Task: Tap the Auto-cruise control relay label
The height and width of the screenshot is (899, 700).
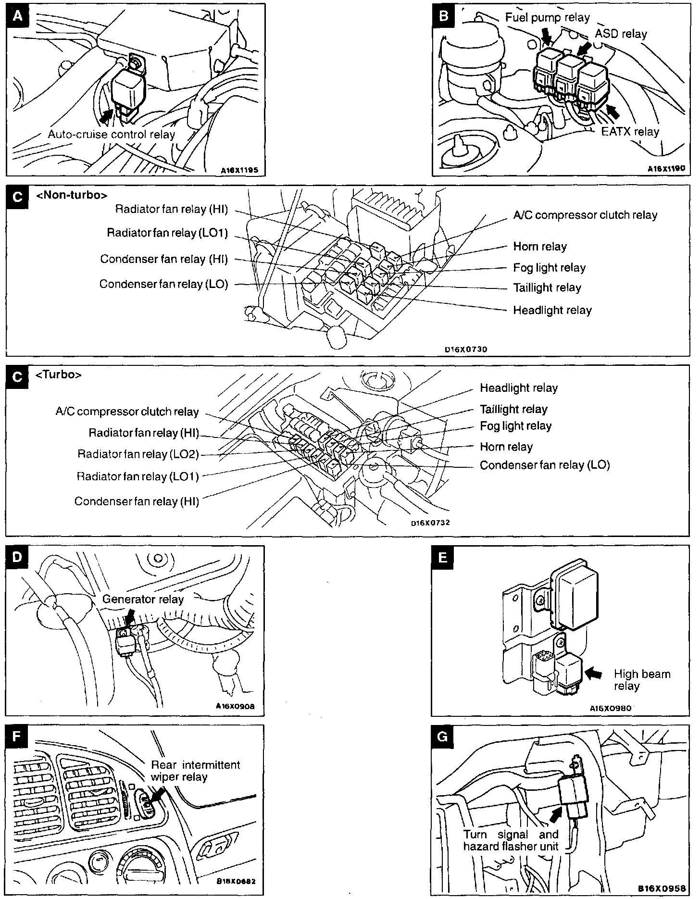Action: tap(112, 135)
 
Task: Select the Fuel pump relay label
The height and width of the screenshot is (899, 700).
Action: tap(547, 18)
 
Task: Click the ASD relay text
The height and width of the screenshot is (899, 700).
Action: tap(621, 34)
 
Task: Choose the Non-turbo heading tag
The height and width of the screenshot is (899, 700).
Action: tap(72, 195)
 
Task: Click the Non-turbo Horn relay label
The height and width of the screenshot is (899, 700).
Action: tap(540, 247)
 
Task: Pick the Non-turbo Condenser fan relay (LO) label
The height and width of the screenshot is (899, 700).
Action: tap(163, 284)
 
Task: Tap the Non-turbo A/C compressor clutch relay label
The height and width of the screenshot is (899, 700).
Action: tap(585, 215)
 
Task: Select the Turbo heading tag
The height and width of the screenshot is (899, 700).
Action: tap(59, 375)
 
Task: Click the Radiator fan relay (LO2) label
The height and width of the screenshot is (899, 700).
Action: tap(138, 454)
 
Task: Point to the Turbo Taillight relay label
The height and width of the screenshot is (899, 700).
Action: tap(513, 409)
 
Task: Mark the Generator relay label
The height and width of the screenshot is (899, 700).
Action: tap(143, 599)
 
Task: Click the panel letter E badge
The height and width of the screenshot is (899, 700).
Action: tap(443, 557)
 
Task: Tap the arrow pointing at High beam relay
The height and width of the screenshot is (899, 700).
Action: tap(594, 674)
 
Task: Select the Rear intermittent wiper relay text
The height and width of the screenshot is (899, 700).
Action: tap(195, 771)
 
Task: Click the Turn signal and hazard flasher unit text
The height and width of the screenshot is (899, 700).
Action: tap(511, 840)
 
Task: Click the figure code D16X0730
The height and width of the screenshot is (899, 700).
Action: tap(466, 350)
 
